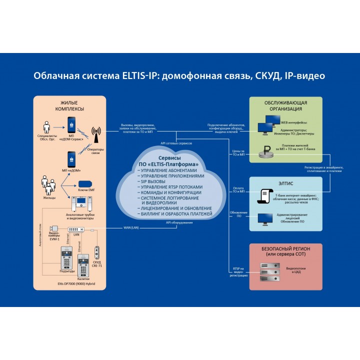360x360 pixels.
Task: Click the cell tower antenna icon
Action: coord(96,133)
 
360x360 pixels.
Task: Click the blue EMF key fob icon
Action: coord(83,183)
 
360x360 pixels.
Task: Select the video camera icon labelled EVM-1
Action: coord(54,229)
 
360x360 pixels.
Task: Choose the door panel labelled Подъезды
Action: coord(67,257)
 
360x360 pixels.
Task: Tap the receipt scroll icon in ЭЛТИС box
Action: coord(265,194)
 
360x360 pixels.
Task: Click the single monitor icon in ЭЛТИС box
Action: coord(265,218)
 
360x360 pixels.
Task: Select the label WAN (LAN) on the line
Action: coord(131,228)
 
